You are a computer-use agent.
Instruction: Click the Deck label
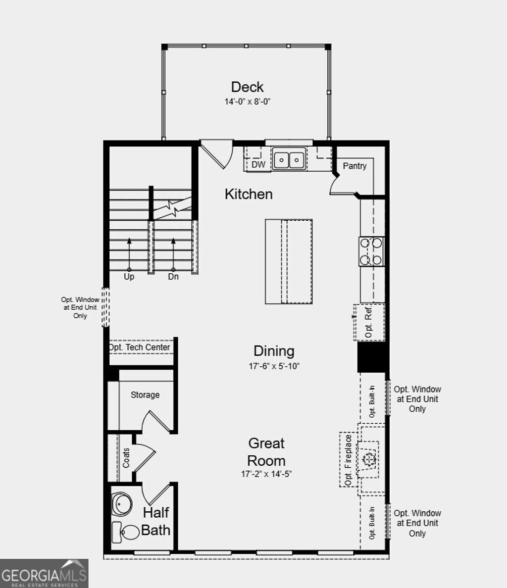[x=247, y=87]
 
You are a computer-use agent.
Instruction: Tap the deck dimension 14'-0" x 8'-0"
[x=247, y=102]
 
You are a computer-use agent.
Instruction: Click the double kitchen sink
[x=289, y=159]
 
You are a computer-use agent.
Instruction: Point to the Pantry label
[x=355, y=166]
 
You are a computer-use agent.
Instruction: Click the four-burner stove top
[x=371, y=251]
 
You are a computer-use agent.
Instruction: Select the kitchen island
[x=289, y=261]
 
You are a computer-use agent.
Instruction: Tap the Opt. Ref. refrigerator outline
[x=369, y=322]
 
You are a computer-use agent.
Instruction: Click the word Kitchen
[x=249, y=194]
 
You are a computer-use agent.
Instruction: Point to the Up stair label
[x=129, y=277]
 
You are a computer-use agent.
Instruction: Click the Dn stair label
[x=173, y=277]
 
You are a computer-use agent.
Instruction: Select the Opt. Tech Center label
[x=140, y=347]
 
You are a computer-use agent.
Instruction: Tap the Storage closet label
[x=145, y=395]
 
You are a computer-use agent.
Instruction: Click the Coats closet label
[x=126, y=458]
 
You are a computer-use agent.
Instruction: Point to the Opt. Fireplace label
[x=349, y=460]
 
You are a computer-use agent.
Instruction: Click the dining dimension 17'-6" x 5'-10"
[x=274, y=367]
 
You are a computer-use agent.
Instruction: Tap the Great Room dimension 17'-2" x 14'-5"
[x=266, y=474]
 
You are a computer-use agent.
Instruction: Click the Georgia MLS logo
[x=44, y=574]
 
